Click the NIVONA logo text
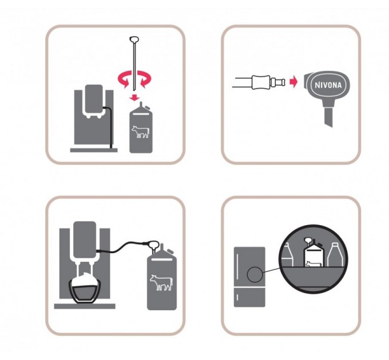click(x=328, y=85)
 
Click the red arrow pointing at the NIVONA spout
click(x=293, y=82)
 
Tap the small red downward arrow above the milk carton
click(x=134, y=97)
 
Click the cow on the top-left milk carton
click(x=141, y=131)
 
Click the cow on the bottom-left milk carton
click(x=161, y=282)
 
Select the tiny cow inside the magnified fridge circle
click(x=313, y=264)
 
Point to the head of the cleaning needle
click(x=134, y=39)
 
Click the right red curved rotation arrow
click(x=144, y=79)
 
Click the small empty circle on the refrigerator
click(x=255, y=274)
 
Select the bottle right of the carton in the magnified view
click(x=335, y=255)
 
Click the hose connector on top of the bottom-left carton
click(x=153, y=246)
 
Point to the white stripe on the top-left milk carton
click(x=141, y=114)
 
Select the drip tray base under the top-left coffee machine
click(x=94, y=150)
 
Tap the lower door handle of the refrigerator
click(x=237, y=297)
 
